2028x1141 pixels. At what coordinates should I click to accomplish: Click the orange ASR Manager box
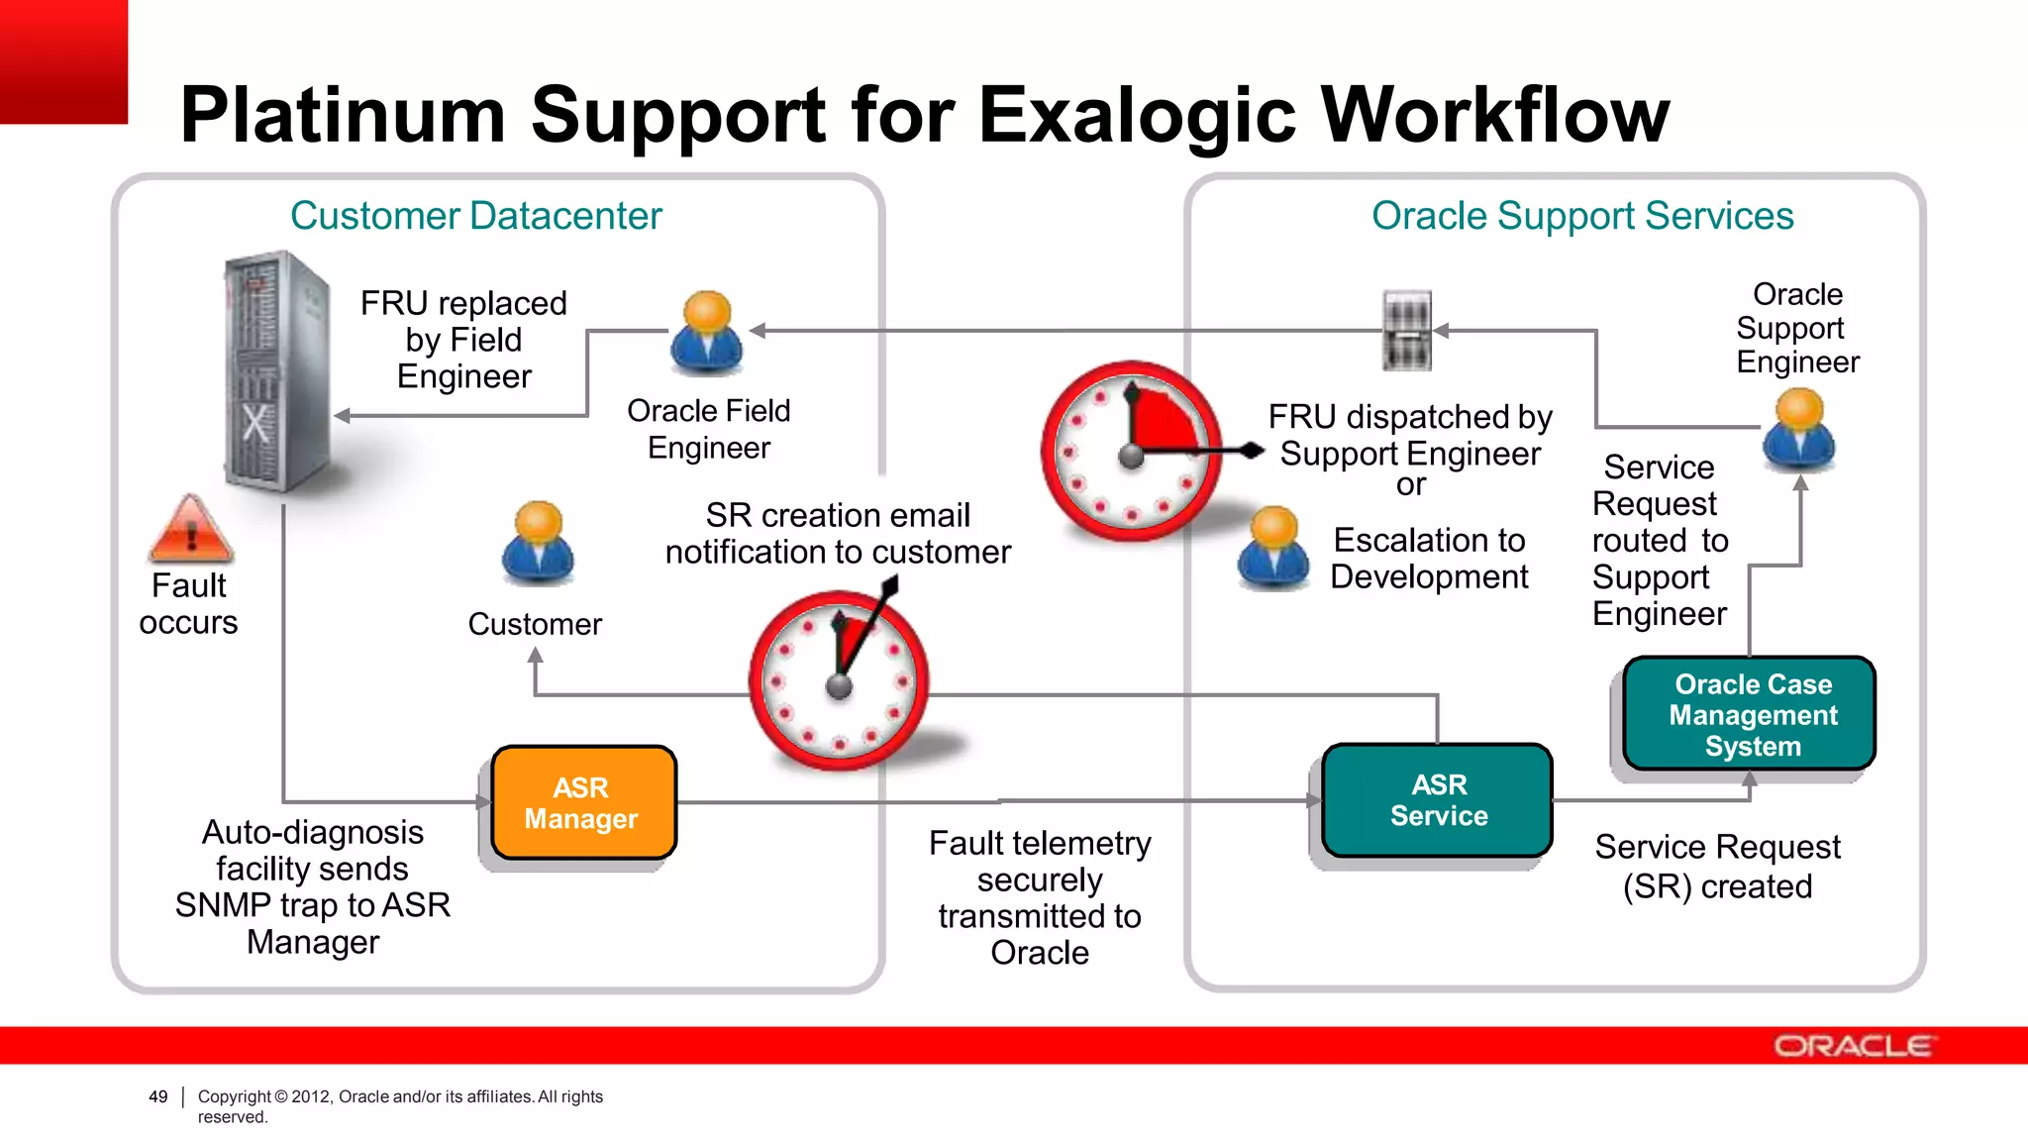[583, 802]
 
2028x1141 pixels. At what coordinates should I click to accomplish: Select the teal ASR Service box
[1438, 800]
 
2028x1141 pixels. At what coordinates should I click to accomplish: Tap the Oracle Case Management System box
[1751, 714]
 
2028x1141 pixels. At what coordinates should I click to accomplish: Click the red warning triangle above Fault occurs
[190, 530]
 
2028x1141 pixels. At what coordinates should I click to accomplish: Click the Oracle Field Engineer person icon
[707, 333]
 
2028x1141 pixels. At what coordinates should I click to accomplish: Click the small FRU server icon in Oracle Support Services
[1407, 330]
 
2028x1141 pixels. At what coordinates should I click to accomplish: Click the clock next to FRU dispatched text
[1132, 452]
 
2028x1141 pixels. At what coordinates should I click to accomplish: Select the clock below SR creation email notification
[840, 681]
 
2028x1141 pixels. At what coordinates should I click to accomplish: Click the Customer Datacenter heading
[475, 216]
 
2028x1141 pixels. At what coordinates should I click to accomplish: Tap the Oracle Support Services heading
[1581, 216]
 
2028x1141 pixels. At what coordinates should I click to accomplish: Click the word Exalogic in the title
[1137, 116]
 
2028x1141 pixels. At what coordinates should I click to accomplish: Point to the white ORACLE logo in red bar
[1852, 1046]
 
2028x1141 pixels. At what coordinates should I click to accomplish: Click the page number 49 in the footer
[158, 1096]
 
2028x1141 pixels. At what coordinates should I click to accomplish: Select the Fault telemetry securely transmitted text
[1040, 897]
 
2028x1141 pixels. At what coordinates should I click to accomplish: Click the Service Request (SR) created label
[1717, 867]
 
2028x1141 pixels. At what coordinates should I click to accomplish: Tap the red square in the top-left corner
[63, 61]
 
